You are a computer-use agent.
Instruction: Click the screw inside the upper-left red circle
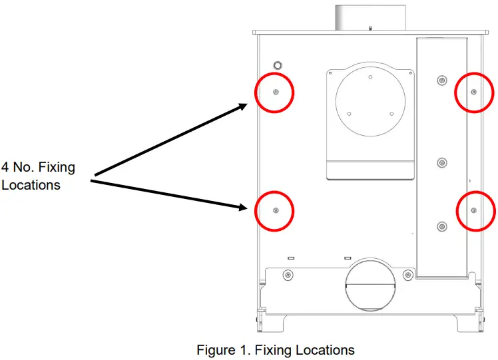[276, 92]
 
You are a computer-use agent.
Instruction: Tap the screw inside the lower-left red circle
[276, 210]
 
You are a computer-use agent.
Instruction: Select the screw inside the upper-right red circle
[473, 92]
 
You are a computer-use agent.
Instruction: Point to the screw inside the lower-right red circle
[473, 210]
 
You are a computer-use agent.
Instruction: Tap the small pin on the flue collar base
[370, 28]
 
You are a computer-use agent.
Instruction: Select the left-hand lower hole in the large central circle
[350, 113]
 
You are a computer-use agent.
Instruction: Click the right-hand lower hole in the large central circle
[391, 113]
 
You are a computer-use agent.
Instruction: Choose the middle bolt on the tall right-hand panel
[441, 162]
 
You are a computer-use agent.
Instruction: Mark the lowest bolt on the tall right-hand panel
[441, 227]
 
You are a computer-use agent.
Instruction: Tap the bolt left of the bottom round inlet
[287, 275]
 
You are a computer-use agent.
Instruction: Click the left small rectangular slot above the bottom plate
[290, 258]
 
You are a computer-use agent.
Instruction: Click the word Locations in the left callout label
[31, 185]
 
